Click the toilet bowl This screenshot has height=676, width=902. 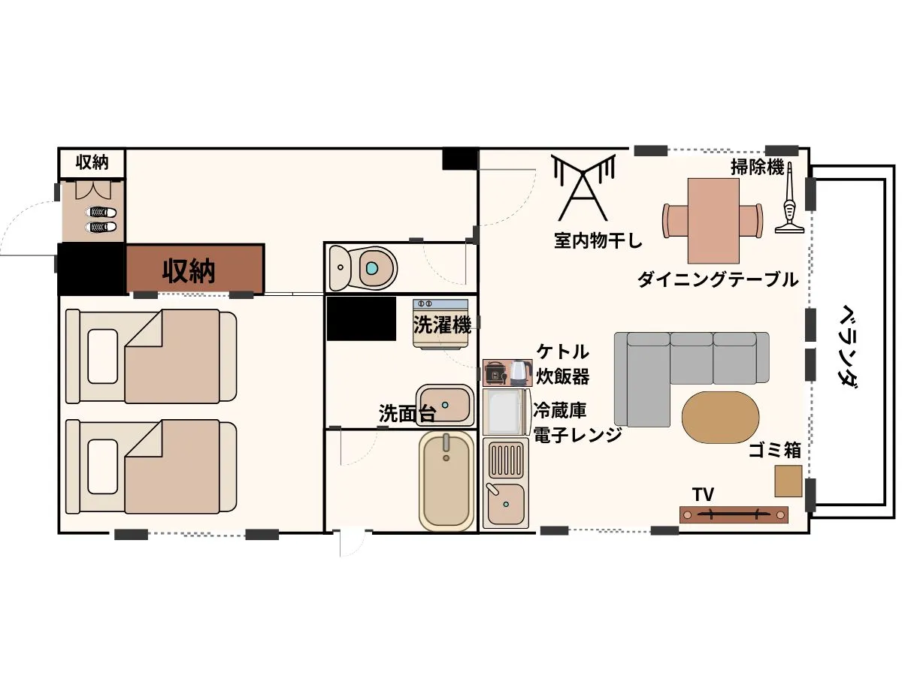coord(363,267)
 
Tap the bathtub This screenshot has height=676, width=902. coord(446,480)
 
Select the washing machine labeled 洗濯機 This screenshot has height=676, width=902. coord(441,324)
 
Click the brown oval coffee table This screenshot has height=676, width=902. coord(720,418)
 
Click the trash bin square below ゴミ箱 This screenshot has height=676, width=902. coord(788,481)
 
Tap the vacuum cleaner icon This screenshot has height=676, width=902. coord(789,201)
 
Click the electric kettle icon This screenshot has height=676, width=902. coord(519,373)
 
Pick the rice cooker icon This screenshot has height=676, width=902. coord(495,373)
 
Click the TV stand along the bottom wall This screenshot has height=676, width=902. coord(734,515)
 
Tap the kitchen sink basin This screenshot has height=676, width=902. coord(505,503)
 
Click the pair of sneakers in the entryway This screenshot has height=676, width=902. coord(101,219)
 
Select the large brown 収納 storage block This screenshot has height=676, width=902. coord(195,269)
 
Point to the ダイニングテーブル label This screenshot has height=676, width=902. coord(718,280)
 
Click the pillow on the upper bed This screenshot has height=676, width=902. coord(103,356)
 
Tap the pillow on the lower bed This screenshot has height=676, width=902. coord(103,466)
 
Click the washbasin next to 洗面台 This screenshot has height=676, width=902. coord(445,406)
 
